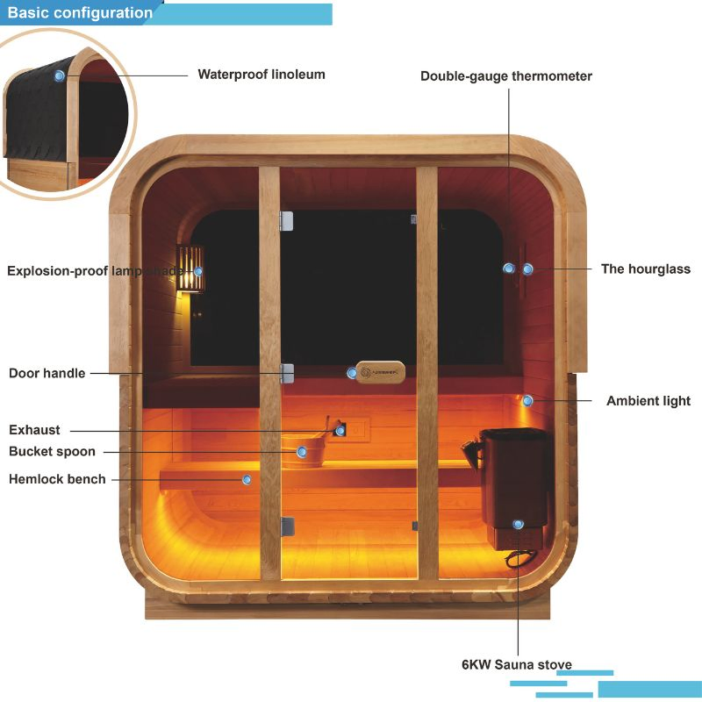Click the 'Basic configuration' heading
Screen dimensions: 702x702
click(80, 13)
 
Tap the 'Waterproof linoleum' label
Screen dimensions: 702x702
click(261, 75)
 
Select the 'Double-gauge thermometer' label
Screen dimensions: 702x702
click(506, 76)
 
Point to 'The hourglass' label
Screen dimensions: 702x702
click(646, 269)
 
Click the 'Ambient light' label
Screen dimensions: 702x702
click(648, 401)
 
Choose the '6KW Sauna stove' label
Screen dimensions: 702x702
click(517, 663)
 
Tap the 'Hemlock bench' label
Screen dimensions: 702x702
click(57, 479)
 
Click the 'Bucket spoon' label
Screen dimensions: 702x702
click(52, 452)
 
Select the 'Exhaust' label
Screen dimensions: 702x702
click(35, 430)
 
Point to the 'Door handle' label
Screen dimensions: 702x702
click(47, 374)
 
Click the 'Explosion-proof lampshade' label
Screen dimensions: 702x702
click(101, 270)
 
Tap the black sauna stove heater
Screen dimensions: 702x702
click(516, 483)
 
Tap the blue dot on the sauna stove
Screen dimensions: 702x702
click(519, 524)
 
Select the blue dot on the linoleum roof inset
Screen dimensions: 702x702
click(60, 75)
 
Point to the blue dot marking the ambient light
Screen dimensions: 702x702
click(527, 401)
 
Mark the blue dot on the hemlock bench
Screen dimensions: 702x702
click(247, 479)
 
